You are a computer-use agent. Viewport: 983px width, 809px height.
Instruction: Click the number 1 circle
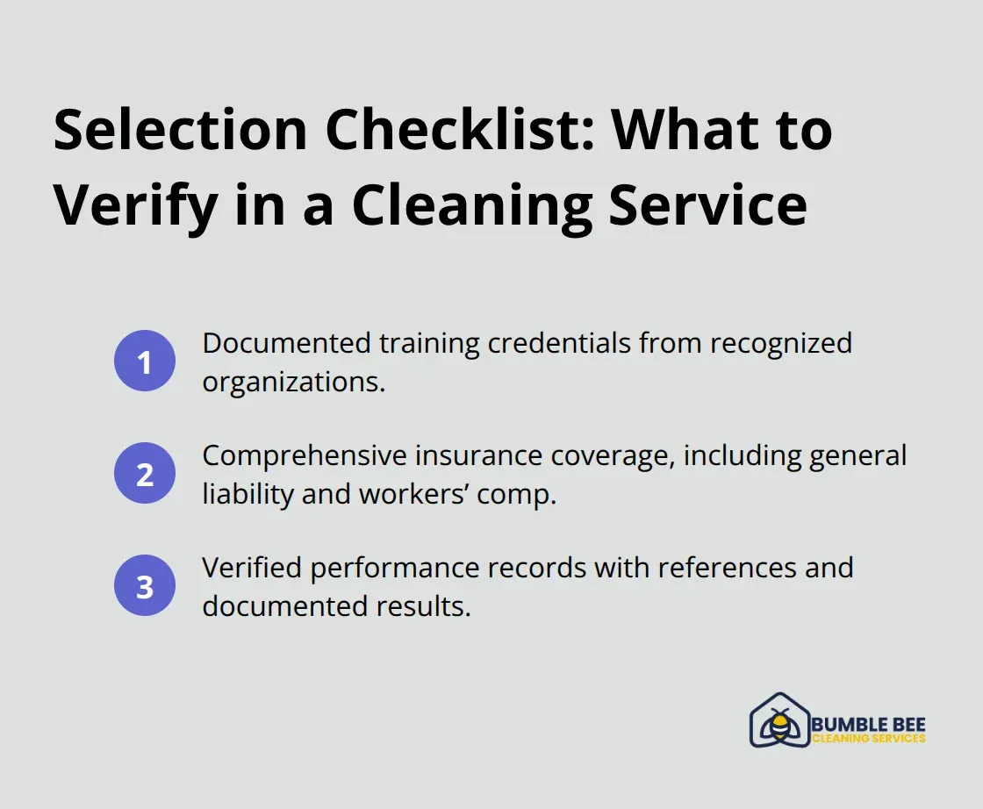click(145, 361)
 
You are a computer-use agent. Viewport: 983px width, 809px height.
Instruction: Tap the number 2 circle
click(145, 474)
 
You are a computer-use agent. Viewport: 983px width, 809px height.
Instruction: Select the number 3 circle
click(145, 586)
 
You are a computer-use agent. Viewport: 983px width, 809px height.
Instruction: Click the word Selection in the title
click(180, 131)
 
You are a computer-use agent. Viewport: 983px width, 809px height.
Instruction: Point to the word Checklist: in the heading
click(456, 131)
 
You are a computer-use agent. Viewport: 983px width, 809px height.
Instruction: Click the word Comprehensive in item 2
click(305, 456)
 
